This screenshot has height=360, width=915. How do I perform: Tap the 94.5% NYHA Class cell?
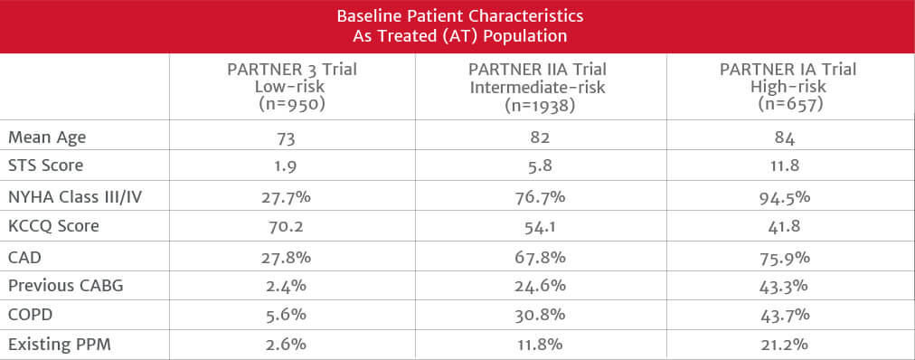pos(788,197)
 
